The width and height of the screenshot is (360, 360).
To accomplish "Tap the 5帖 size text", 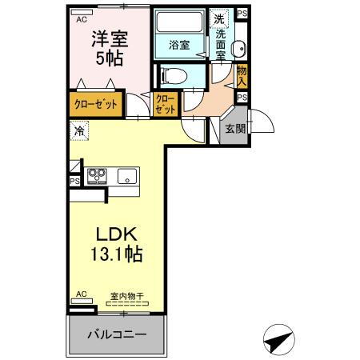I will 109,59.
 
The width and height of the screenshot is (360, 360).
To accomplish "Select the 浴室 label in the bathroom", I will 178,46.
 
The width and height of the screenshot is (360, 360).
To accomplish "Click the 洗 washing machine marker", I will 218,18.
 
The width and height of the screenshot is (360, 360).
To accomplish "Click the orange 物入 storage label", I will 242,77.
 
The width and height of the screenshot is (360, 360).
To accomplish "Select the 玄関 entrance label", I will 234,130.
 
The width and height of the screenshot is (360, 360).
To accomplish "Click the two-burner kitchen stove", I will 98,175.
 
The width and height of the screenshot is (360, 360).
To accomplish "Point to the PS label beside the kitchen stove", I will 74,182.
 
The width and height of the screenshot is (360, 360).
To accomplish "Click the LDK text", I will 118,235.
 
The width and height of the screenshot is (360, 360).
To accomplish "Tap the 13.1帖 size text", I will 119,255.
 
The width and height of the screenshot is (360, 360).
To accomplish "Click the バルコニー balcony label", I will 118,333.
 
